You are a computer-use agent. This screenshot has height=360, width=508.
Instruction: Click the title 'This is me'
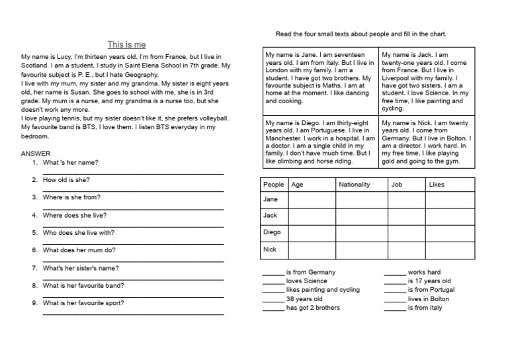[x=126, y=45]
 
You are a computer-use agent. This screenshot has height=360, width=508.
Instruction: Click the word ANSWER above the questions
[x=36, y=154]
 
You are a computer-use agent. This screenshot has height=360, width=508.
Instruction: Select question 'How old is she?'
[x=66, y=180]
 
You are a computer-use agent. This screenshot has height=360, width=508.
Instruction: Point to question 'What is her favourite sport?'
[x=83, y=303]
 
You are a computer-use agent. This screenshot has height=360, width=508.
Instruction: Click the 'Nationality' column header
[x=354, y=185]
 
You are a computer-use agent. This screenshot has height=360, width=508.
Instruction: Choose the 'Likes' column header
[x=437, y=185]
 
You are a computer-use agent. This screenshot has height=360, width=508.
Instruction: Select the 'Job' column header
[x=397, y=185]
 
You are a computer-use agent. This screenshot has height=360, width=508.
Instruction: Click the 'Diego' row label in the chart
[x=272, y=232]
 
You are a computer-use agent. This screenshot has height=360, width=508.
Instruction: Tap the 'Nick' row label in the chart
[x=270, y=249]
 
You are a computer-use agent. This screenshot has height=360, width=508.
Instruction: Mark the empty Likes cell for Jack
[x=450, y=216]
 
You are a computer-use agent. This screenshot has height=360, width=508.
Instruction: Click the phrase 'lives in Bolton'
[x=428, y=299]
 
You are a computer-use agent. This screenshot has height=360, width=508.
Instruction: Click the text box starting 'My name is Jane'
[x=319, y=77]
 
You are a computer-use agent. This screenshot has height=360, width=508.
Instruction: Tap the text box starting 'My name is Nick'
[x=427, y=142]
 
